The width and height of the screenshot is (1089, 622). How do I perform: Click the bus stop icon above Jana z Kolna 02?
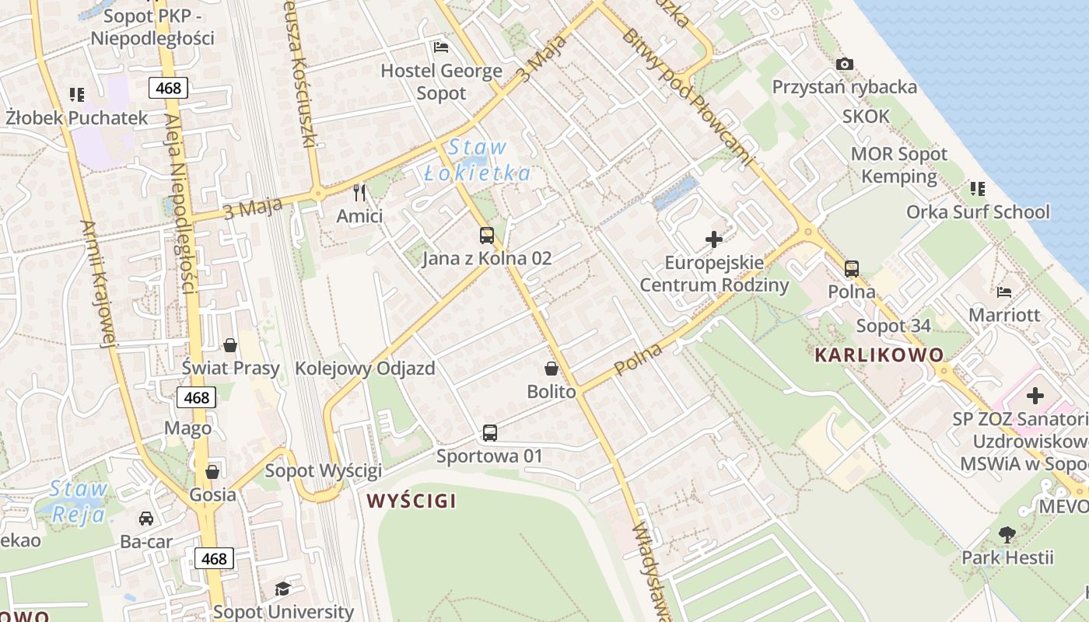click(487, 235)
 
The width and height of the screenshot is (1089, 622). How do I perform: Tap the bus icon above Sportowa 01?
click(489, 433)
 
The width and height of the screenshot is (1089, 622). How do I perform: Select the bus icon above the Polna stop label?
click(852, 269)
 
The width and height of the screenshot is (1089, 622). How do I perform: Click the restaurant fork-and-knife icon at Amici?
click(359, 192)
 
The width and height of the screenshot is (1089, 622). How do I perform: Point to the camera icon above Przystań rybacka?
click(844, 64)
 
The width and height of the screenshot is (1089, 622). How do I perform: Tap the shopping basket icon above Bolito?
click(552, 369)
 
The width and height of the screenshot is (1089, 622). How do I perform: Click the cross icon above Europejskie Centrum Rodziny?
click(713, 239)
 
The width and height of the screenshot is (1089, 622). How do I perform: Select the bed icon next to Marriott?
click(1004, 292)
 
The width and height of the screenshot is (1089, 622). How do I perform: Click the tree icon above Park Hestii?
click(1007, 534)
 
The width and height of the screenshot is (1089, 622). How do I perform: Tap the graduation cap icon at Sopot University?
click(282, 589)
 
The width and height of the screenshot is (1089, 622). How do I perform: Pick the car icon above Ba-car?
click(145, 518)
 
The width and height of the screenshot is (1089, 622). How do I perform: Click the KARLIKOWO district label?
click(879, 355)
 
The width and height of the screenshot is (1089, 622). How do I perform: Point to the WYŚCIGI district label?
click(411, 501)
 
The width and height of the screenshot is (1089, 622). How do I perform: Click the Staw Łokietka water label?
click(478, 160)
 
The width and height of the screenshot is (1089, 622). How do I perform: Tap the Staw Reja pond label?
click(78, 502)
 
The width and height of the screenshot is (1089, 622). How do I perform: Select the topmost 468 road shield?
click(168, 88)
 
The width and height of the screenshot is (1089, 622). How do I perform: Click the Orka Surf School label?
click(977, 212)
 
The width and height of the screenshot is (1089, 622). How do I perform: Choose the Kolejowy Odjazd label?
click(365, 369)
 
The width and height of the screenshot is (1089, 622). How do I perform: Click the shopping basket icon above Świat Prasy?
click(230, 344)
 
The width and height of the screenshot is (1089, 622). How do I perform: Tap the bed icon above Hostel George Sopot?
click(441, 47)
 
